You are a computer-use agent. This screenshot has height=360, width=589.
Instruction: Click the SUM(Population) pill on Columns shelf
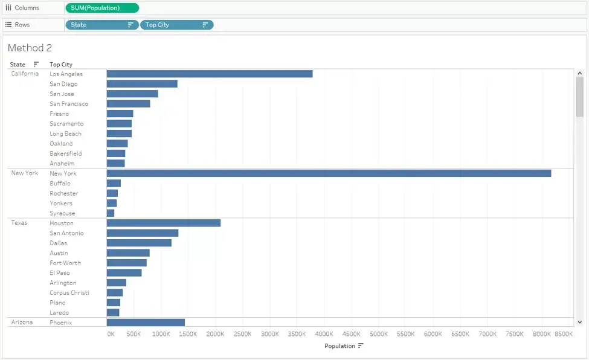102,8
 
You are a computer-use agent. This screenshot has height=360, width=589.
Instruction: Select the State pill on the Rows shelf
102,25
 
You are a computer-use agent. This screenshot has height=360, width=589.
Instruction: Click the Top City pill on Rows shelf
176,25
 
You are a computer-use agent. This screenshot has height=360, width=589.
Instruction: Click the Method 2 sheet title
30,48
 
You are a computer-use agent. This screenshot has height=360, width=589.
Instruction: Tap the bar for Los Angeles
210,74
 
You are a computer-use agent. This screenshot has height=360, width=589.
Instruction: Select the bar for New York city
329,173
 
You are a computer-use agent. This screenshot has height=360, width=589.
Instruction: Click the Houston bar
164,223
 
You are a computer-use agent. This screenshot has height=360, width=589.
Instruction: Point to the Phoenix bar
146,323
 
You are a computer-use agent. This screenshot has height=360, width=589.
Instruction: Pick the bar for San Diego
142,84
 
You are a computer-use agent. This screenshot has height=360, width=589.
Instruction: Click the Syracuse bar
111,213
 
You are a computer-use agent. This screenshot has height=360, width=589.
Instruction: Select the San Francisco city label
69,104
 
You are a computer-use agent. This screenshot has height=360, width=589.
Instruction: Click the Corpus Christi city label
69,293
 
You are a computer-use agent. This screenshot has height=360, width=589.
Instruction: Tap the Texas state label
19,223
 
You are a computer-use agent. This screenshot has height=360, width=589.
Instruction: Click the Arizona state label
22,322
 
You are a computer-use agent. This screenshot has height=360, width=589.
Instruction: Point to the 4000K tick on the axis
324,333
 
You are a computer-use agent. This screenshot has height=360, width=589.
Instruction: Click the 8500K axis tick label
564,333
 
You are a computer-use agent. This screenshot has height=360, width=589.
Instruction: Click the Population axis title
340,346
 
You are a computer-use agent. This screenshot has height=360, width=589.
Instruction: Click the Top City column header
61,65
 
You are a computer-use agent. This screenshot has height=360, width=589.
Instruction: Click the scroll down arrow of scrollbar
579,322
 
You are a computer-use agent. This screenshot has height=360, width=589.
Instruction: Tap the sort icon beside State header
36,64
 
